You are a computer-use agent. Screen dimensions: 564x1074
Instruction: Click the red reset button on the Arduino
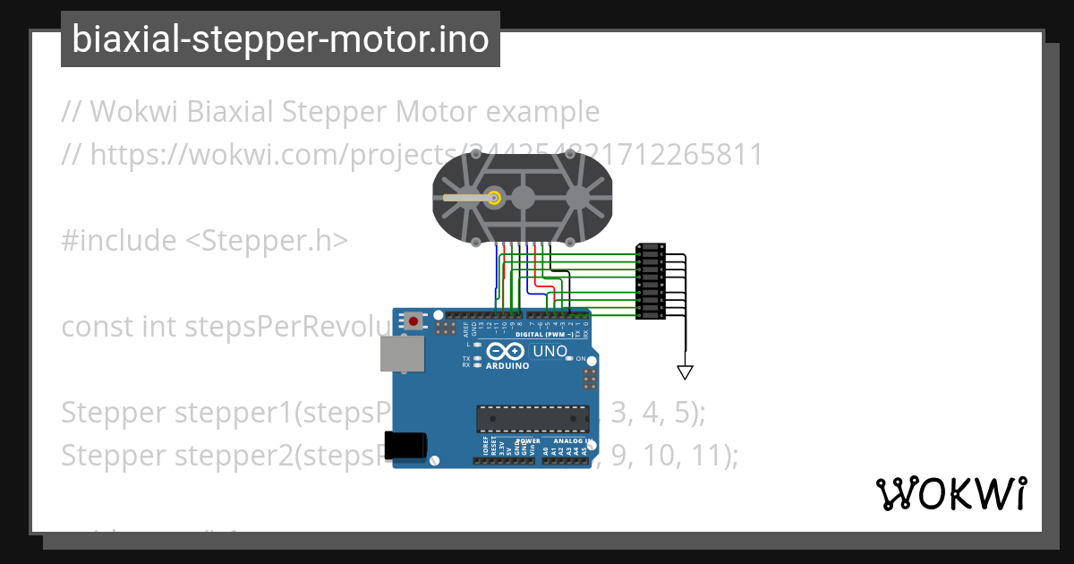pos(413,320)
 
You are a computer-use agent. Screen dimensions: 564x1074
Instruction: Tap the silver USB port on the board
pos(402,354)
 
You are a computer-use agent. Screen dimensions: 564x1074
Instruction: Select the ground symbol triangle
pos(686,372)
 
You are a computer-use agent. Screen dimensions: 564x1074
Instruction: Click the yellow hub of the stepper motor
pos(494,197)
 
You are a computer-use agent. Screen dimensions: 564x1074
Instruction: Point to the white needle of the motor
pos(467,197)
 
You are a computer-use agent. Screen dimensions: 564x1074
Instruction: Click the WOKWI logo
pos(950,493)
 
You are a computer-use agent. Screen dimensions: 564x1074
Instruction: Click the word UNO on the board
pos(550,351)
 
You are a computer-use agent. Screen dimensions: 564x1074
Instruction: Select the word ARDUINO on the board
pos(507,365)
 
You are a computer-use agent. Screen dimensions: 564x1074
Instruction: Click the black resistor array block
pos(650,281)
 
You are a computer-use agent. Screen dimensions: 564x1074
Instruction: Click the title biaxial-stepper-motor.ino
pos(280,39)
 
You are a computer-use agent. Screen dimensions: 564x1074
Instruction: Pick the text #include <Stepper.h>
pos(205,241)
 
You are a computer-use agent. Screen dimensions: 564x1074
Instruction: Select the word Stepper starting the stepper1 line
pos(114,413)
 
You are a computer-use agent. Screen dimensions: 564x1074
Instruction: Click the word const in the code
pos(97,327)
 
